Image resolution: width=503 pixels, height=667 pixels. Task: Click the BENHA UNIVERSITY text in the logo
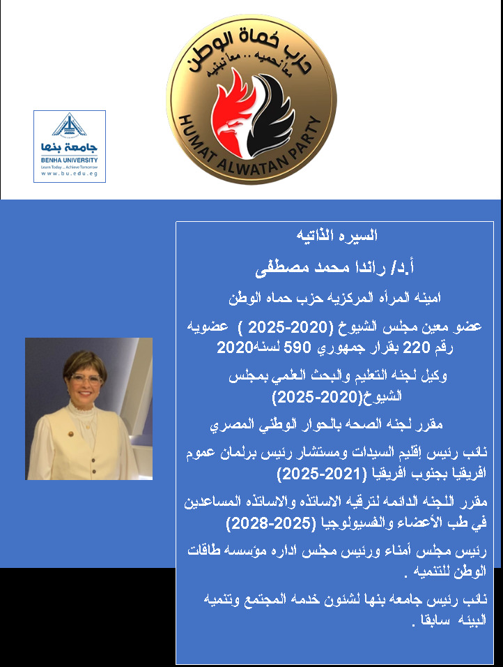click(x=70, y=159)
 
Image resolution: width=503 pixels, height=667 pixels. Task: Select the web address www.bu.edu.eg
click(x=70, y=173)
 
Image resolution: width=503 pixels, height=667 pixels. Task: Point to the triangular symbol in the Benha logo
click(x=70, y=126)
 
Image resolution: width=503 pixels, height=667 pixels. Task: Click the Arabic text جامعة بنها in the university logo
click(x=70, y=147)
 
